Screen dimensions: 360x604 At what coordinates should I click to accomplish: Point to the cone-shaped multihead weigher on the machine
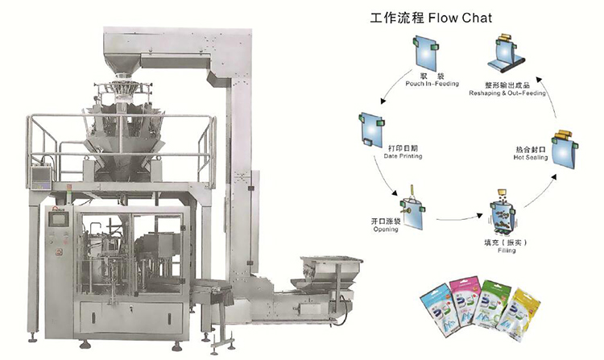coord(121,121)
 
